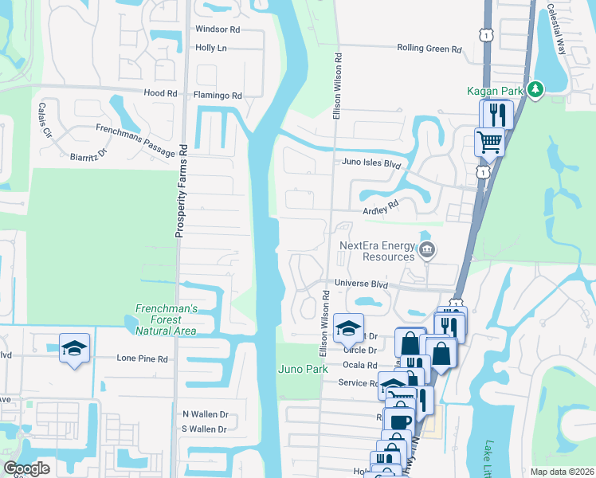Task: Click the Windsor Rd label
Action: [x=218, y=29]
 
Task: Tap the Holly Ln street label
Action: [x=211, y=48]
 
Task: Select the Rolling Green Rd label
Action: [x=429, y=49]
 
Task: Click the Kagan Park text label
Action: [x=495, y=92]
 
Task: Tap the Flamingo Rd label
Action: [x=218, y=96]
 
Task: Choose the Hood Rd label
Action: [x=159, y=93]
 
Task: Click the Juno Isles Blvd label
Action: [x=370, y=163]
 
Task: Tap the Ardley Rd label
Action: [x=380, y=207]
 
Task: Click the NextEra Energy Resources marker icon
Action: [x=427, y=251]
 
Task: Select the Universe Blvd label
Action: [x=360, y=284]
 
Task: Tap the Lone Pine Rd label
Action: [x=143, y=359]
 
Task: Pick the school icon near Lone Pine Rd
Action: [x=75, y=348]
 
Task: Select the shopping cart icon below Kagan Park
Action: [x=489, y=143]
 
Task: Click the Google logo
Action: [x=27, y=468]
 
